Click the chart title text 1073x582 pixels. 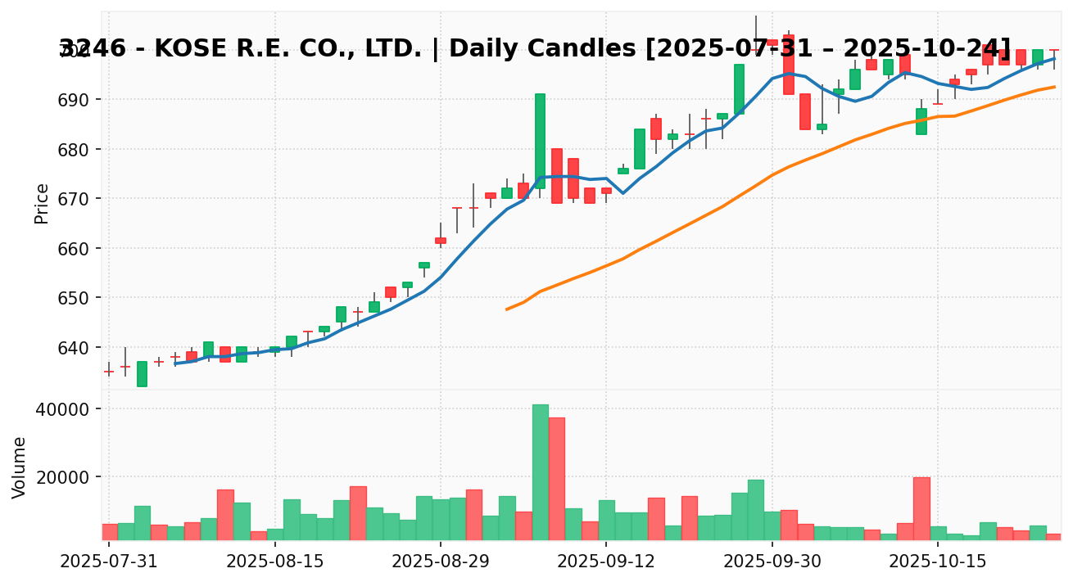[535, 49]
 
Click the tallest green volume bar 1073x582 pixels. [540, 471]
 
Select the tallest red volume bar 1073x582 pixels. [556, 478]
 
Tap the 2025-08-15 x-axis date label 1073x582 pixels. [275, 562]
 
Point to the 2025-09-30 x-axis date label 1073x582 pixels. [772, 562]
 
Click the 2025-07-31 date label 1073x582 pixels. [109, 562]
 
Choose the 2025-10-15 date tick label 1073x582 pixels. [938, 562]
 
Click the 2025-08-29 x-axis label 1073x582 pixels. [441, 562]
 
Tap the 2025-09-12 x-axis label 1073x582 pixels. [606, 562]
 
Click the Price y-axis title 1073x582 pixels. [42, 203]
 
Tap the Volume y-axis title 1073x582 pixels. [20, 467]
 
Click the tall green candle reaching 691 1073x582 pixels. [540, 141]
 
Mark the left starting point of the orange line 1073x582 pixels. [507, 309]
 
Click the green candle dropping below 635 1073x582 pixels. [142, 373]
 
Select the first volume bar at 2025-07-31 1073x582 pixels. [109, 531]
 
